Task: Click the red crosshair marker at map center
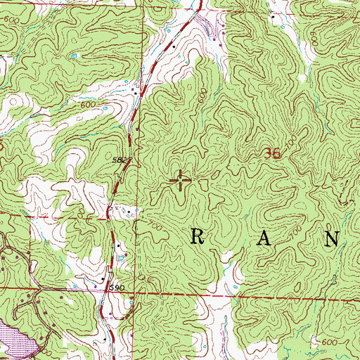[x=181, y=181]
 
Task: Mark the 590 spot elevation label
[x=115, y=288]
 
